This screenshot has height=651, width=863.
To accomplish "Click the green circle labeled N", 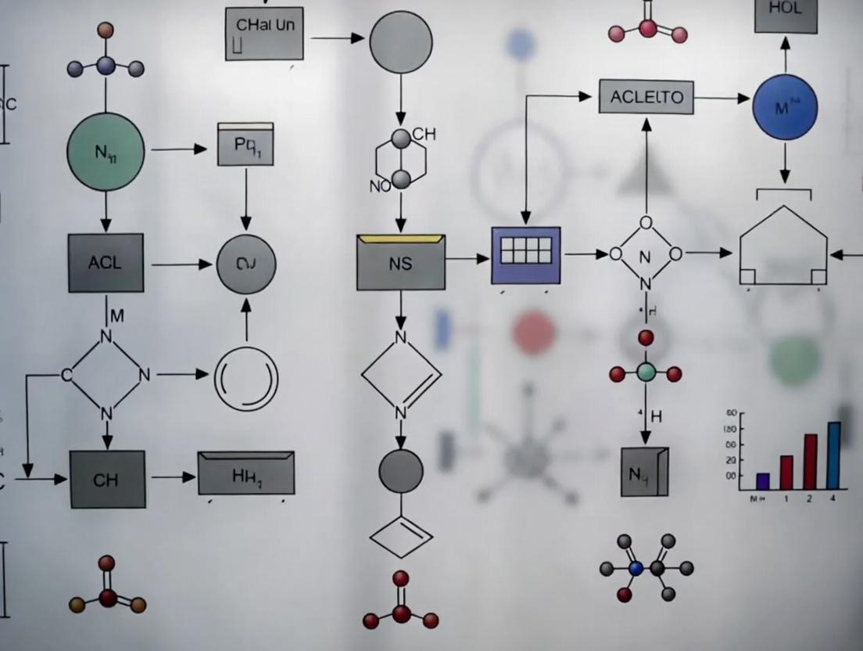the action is click(106, 151).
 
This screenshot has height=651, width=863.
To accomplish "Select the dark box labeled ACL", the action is click(106, 263).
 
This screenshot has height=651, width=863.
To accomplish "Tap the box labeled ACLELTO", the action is click(646, 97).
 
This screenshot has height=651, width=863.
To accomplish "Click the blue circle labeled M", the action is click(784, 107).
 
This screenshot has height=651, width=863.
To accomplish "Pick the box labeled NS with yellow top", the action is click(400, 262).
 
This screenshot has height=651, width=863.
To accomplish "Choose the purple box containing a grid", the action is click(525, 255).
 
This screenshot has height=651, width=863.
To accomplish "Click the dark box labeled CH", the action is click(107, 479).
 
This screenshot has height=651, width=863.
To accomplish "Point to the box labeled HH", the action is click(246, 473).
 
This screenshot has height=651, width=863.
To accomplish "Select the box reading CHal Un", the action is click(264, 33).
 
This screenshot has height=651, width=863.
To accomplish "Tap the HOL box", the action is click(786, 15).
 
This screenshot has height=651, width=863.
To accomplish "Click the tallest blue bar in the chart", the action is click(833, 455).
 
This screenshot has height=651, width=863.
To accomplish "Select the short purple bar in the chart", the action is click(763, 480).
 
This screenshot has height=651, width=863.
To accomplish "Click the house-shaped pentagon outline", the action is click(783, 246).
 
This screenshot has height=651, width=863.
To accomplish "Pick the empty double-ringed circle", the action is click(246, 379).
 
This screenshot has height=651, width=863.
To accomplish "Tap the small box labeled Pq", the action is click(245, 145).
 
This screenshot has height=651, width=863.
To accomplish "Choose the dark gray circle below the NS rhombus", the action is click(400, 471).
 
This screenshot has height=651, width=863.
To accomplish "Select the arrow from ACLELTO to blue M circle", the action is click(722, 99).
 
